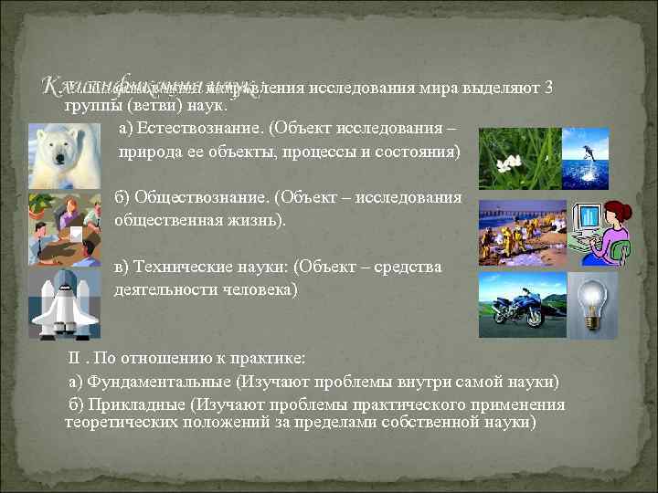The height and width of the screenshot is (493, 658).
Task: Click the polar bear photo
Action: (64, 156)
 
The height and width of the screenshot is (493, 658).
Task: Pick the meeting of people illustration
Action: (64, 227)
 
